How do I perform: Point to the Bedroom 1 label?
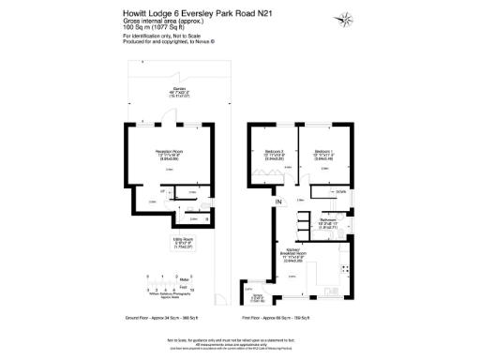click(x=323, y=154)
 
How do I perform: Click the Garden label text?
click(x=179, y=92)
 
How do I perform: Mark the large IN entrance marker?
click(x=277, y=202)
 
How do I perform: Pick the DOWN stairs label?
click(x=341, y=192)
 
